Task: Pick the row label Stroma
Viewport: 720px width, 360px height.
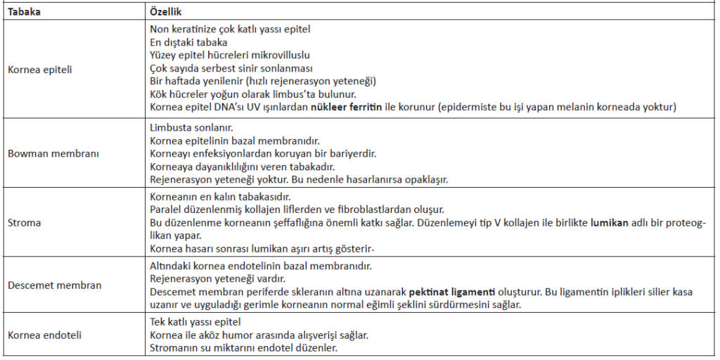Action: point(24,222)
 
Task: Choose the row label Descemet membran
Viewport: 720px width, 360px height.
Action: point(54,285)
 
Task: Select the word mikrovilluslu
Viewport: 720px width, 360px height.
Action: point(280,56)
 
